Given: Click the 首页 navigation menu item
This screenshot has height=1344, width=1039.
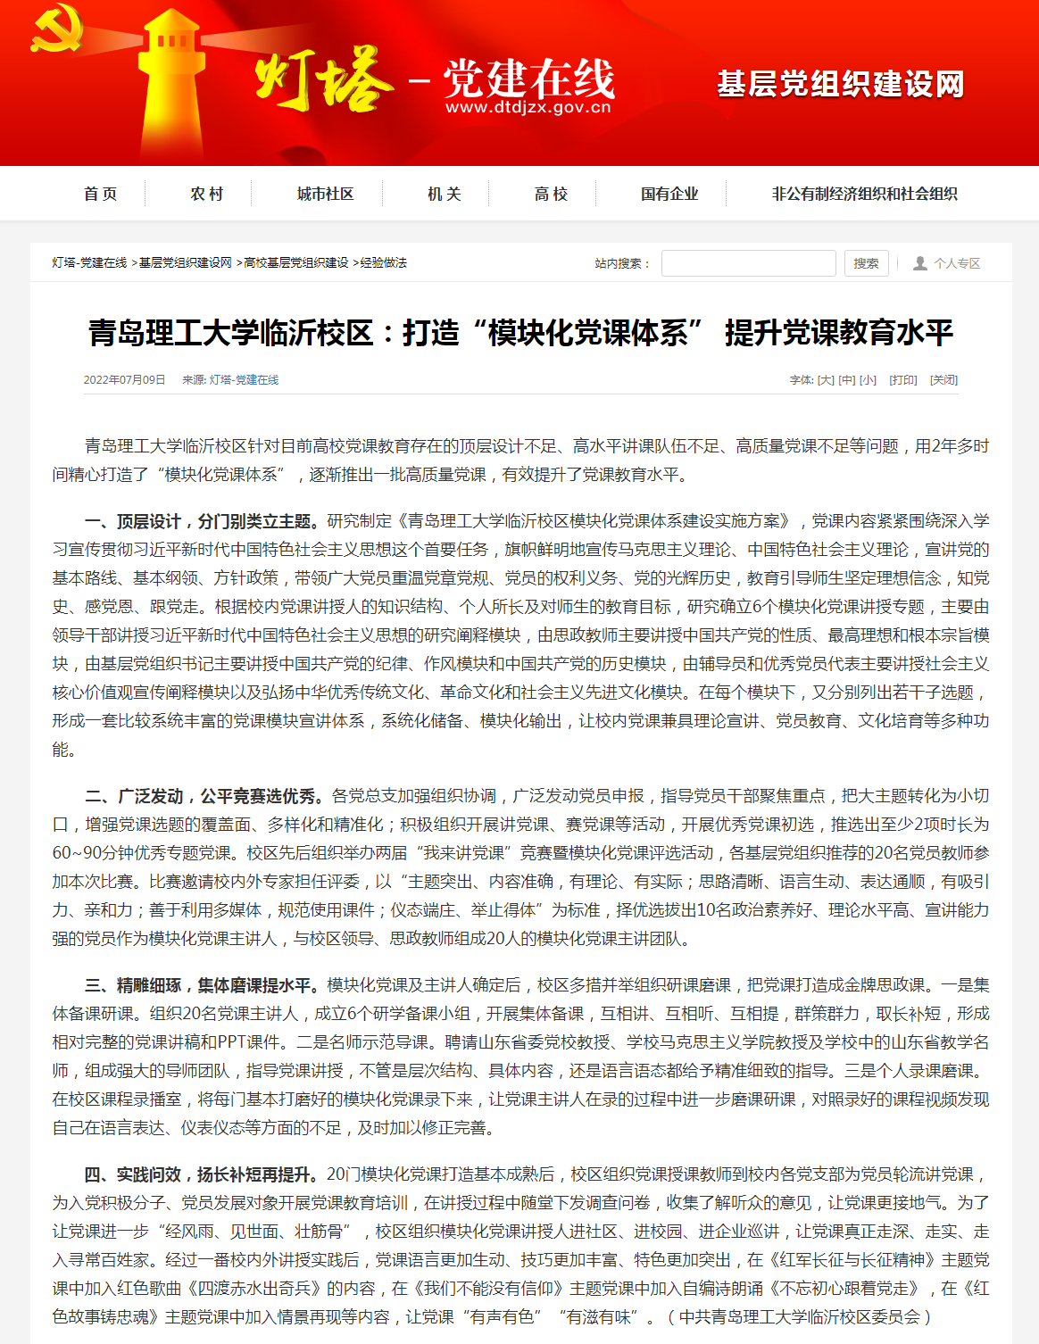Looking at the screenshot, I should point(100,194).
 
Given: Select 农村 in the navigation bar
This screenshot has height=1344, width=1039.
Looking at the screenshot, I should point(206,194).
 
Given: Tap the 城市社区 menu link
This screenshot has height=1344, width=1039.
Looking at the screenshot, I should point(325,194).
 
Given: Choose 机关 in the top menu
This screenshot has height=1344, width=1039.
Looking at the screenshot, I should point(444,194).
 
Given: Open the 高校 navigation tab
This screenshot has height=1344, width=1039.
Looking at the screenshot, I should point(551,194).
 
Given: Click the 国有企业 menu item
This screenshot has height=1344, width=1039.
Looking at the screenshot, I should point(669,194).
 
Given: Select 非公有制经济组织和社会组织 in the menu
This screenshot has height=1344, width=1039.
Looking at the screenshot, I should point(864,194).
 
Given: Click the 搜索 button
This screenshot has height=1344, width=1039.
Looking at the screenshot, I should point(865,263).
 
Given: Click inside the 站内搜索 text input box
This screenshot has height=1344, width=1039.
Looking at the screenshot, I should point(748,263).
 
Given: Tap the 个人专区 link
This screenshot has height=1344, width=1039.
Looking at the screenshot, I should point(956,263).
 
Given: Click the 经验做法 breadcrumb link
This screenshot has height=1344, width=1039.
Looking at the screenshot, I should point(383,262).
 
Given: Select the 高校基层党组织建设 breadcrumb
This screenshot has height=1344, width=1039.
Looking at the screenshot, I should point(295,262).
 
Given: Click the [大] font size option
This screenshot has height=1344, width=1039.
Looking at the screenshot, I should point(826,380).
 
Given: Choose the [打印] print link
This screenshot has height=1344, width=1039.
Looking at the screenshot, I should point(903,380).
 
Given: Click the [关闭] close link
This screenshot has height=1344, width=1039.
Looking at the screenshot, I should point(943,380).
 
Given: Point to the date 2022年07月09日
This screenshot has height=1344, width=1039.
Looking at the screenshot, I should point(124,380).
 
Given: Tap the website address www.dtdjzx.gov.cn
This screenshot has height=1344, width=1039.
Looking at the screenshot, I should point(528,108).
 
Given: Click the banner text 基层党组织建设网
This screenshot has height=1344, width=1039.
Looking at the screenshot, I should point(840,85).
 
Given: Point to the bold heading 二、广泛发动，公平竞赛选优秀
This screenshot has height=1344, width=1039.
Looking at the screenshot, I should point(204,796).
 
